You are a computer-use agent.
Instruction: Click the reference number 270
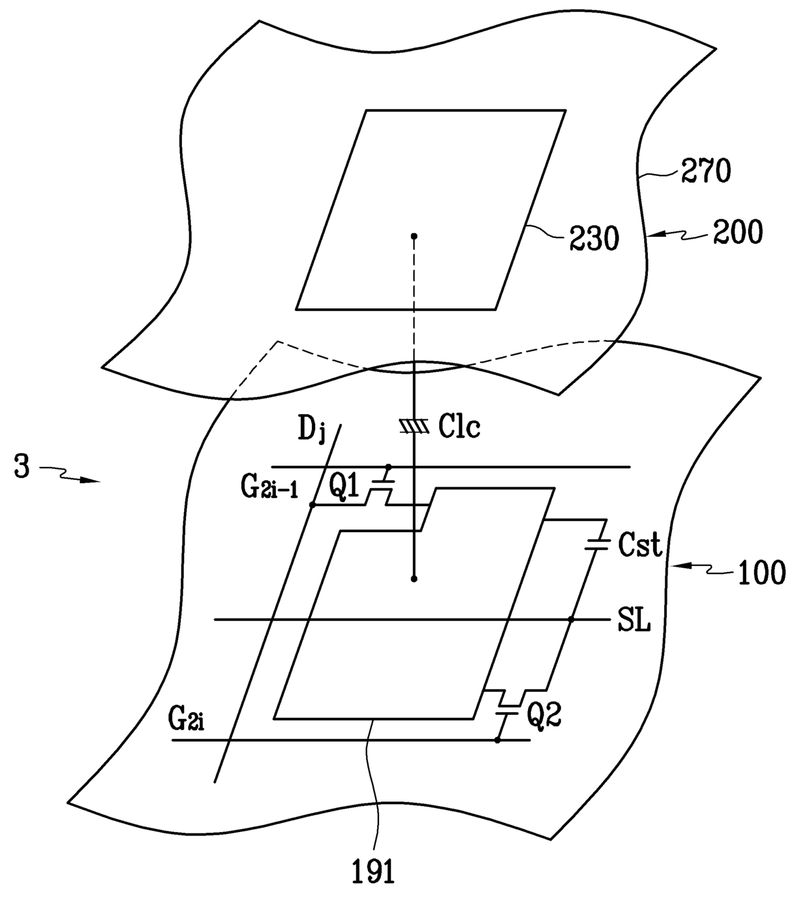coord(706,172)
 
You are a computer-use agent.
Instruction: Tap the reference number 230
coord(593,239)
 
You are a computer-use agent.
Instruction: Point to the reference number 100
coord(761,573)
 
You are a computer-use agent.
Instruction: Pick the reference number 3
coord(22,468)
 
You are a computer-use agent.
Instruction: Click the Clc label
coord(459,427)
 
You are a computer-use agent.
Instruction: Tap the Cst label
coord(639,545)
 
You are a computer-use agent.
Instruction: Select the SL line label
coord(633,622)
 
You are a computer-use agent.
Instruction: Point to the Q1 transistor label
coord(344,487)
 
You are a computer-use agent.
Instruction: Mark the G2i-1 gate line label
coord(269,489)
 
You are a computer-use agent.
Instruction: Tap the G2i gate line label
coord(187,720)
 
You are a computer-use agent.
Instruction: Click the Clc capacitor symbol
coord(414,427)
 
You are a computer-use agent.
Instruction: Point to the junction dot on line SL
coord(570,620)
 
